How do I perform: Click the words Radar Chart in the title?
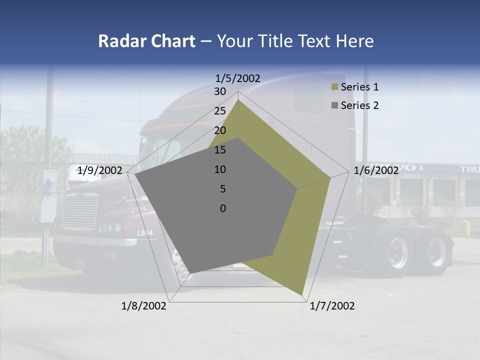(x=146, y=41)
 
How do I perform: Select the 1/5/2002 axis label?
(x=237, y=78)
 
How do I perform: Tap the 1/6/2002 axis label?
(x=376, y=170)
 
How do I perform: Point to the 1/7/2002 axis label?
(x=332, y=306)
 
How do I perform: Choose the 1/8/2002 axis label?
(x=144, y=306)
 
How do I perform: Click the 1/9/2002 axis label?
(x=100, y=170)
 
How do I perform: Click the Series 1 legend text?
(x=359, y=87)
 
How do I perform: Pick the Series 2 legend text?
(x=359, y=105)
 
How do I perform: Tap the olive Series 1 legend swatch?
(x=334, y=87)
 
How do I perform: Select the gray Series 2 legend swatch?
(x=334, y=105)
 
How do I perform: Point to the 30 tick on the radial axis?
(x=220, y=91)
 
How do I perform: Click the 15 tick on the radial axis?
(x=220, y=150)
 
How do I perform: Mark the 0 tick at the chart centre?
(x=223, y=208)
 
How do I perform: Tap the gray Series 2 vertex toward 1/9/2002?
(x=135, y=174)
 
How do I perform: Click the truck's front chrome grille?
(x=79, y=211)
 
